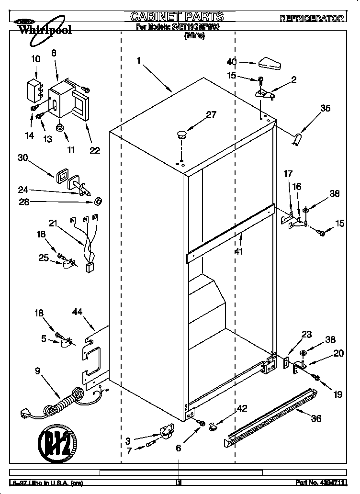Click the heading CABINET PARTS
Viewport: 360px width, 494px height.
pos(177,17)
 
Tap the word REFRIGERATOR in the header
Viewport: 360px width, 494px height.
pos(312,18)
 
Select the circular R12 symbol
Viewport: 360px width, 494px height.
pos(57,441)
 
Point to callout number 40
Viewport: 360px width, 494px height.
pos(232,62)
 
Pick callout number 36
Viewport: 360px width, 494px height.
pos(316,418)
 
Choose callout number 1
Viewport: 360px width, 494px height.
pos(139,61)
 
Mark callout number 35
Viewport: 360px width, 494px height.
pos(325,109)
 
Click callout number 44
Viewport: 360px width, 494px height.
pos(78,312)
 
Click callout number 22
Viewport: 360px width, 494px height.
pos(95,150)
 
